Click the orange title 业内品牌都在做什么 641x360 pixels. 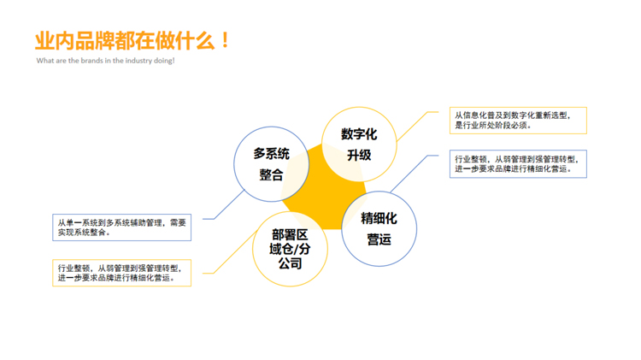tap(125, 40)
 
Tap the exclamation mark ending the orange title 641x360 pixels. tap(225, 40)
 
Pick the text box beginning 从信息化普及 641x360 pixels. tap(518, 121)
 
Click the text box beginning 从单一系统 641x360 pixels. tap(122, 227)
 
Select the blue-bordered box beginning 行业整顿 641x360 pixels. tap(518, 163)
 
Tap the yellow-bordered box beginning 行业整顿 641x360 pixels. tap(122, 273)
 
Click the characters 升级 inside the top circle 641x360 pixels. tap(359, 155)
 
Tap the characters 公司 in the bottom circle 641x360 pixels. tap(291, 263)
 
